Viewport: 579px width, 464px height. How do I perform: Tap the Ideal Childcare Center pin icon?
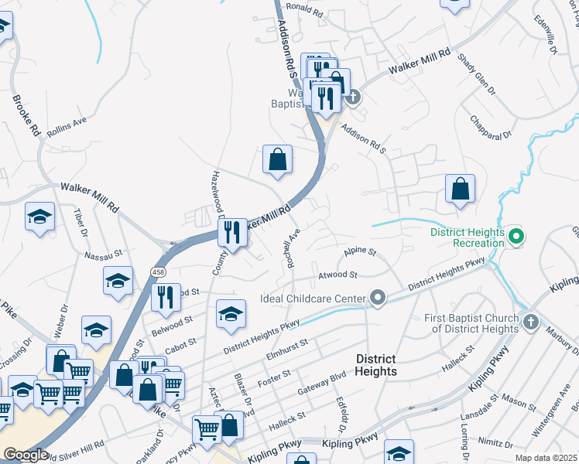pos(378,298)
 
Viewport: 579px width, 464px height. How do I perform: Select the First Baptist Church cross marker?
pos(531,321)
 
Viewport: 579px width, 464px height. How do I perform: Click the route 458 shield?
pos(159,271)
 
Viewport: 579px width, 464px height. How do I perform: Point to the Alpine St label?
pos(360,252)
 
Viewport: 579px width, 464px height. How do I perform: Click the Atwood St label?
pos(337,275)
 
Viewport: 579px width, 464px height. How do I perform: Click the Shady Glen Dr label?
pos(475,73)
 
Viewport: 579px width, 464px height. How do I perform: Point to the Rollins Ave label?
pos(67,128)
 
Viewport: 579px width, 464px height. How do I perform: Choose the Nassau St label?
pos(104,253)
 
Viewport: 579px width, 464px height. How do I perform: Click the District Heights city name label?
pos(375,365)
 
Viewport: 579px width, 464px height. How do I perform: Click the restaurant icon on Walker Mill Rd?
pos(232,231)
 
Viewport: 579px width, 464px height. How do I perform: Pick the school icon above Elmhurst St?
pos(231,314)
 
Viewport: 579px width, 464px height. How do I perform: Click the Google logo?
pos(25,455)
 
